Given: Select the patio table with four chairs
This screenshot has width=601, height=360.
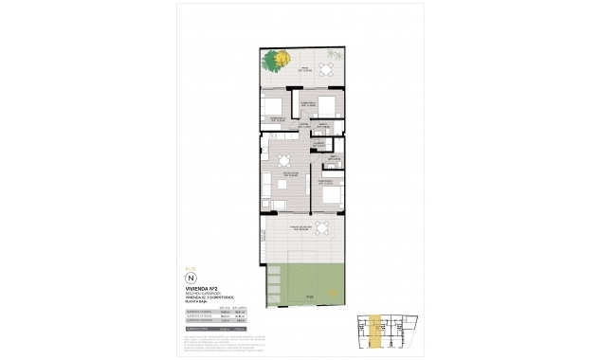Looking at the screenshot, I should pos(325,71).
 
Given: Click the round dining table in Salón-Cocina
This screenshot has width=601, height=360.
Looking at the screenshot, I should pos(283,160).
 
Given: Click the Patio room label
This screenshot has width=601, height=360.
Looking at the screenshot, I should pos(306,69).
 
